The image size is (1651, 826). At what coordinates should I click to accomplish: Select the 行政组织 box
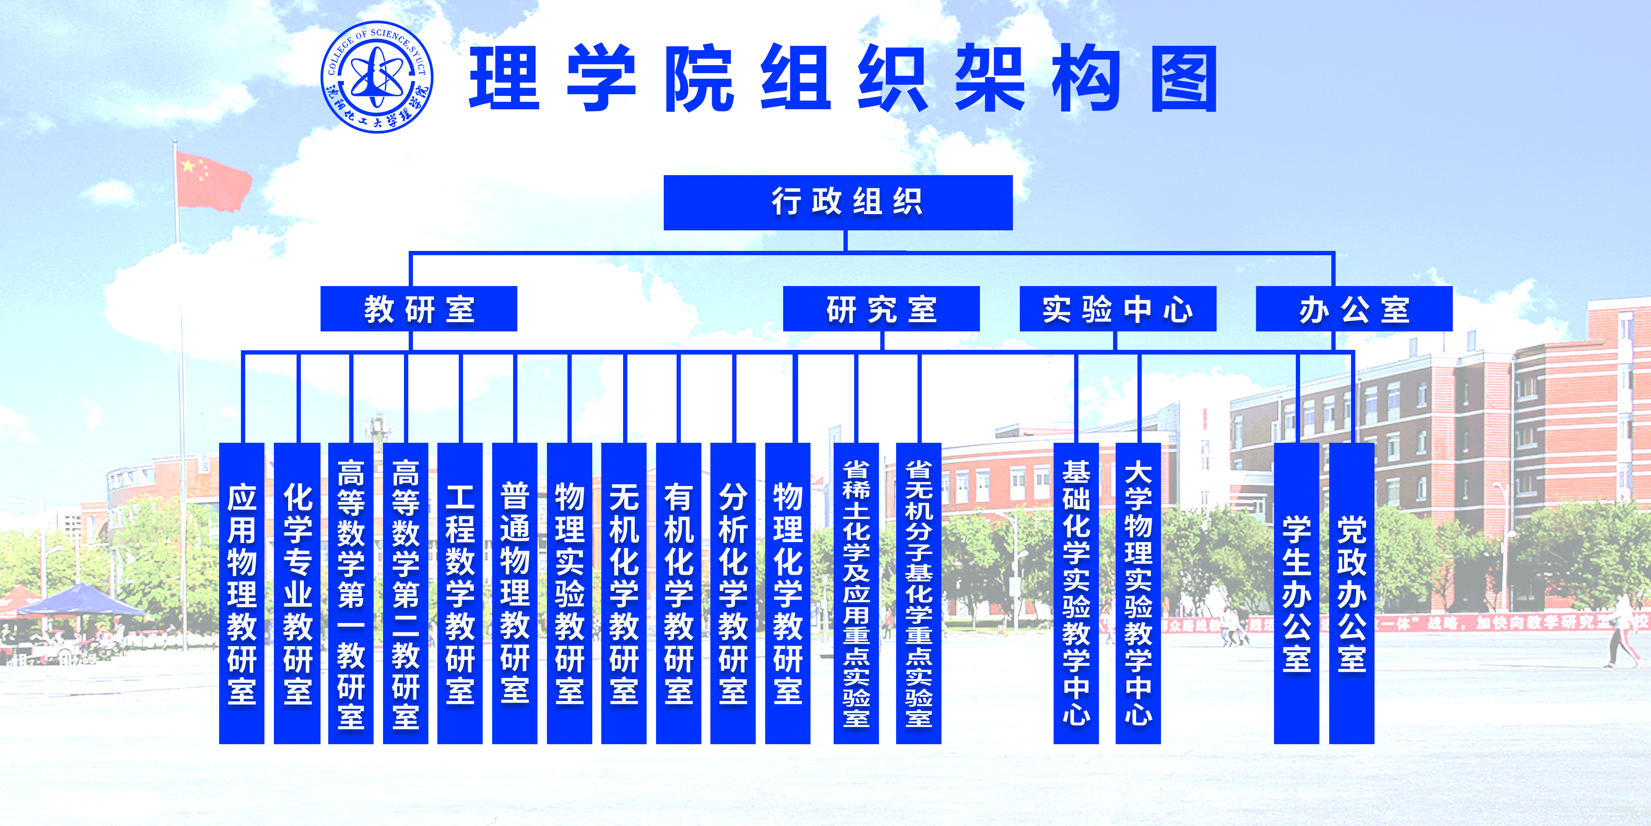(837, 203)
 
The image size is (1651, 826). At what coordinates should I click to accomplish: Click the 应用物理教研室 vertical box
(242, 593)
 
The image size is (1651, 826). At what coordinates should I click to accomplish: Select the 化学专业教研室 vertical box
(297, 593)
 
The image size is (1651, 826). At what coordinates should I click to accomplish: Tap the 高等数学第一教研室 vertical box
(350, 593)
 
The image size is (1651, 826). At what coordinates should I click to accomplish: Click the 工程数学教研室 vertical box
(460, 593)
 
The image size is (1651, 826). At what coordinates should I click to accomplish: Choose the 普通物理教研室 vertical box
(515, 593)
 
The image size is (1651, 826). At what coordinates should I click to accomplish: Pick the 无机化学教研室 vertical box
(624, 593)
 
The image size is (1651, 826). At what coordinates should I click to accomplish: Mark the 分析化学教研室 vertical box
(733, 593)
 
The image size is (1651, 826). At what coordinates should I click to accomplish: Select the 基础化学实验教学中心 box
(1076, 593)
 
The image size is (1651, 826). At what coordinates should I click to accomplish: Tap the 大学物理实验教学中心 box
(1138, 593)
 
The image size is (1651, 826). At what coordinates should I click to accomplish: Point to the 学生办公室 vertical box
(1297, 593)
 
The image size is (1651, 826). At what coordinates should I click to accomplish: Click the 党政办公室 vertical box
(1352, 593)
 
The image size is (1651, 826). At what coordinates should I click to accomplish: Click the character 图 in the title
(1184, 79)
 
